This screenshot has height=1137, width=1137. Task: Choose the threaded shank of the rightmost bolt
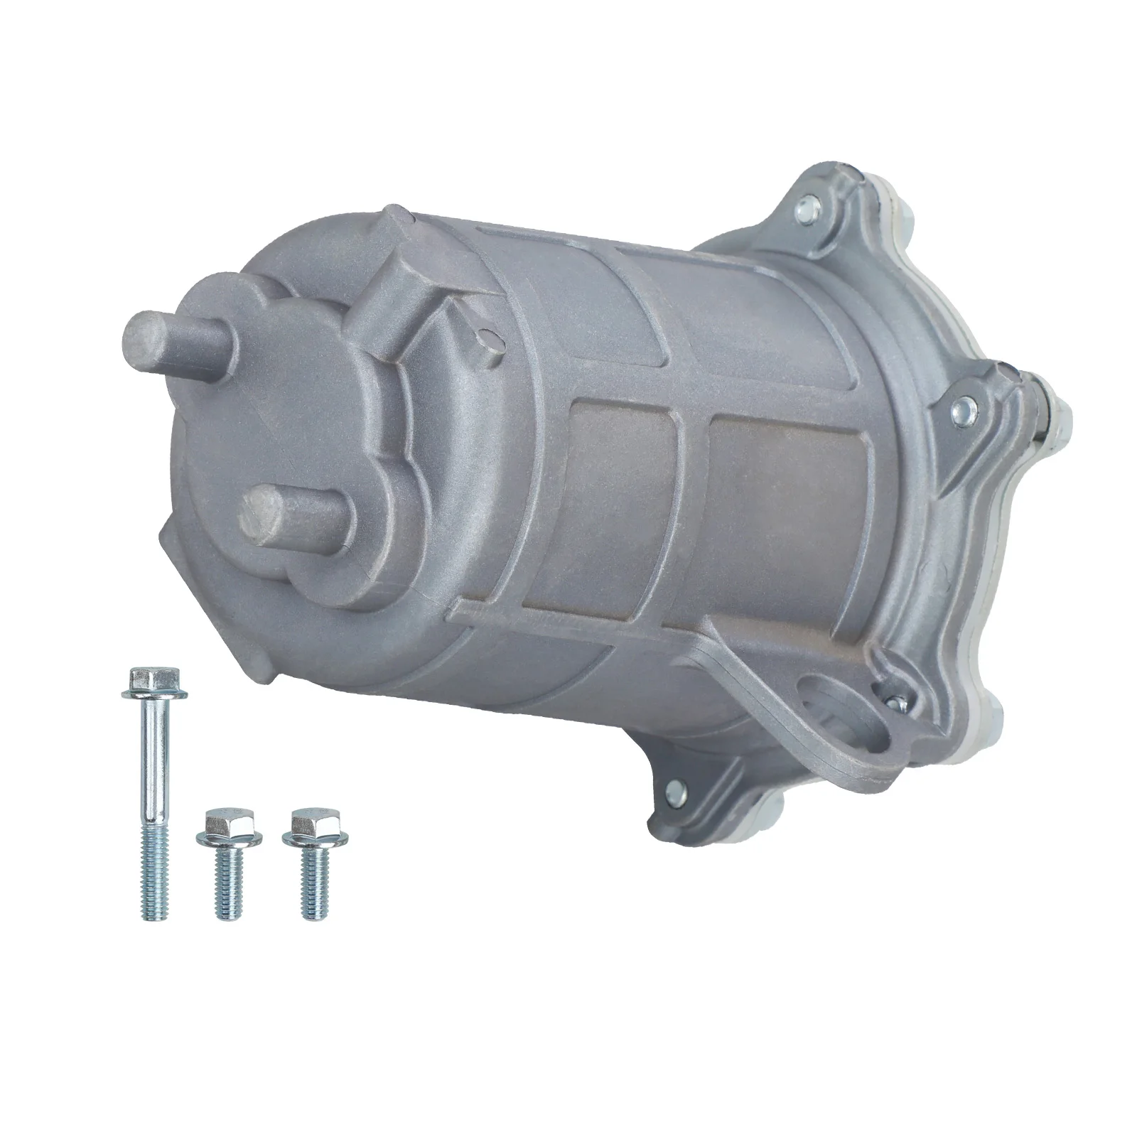click(313, 888)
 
